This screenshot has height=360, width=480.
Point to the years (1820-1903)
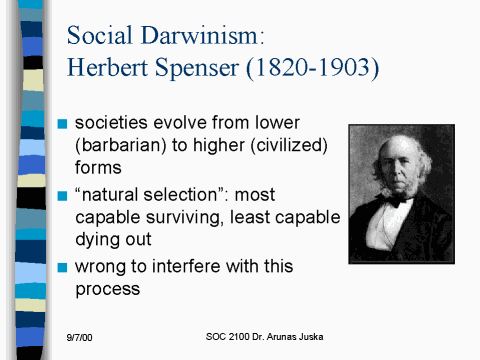320,70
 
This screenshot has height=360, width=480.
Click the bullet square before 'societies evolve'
62,124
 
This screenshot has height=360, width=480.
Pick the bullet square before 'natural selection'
62,194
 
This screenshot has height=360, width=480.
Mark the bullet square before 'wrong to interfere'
62,267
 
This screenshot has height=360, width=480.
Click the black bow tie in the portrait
396,200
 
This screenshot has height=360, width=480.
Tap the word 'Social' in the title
100,36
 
